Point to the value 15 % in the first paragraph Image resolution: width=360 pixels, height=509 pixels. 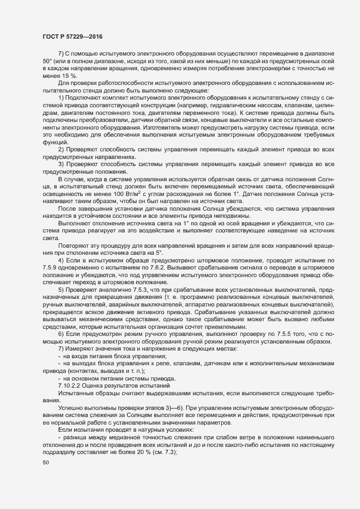coord(63,76)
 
